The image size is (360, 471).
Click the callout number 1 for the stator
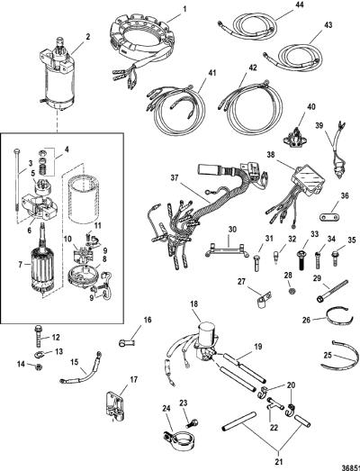pos(184,9)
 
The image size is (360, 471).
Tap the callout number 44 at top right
pos(300,5)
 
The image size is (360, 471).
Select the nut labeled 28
pos(291,291)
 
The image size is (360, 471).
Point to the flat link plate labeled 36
pos(328,217)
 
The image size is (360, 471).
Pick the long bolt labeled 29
pos(332,290)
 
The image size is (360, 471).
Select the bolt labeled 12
pos(39,336)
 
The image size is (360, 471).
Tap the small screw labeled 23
pos(191,424)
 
